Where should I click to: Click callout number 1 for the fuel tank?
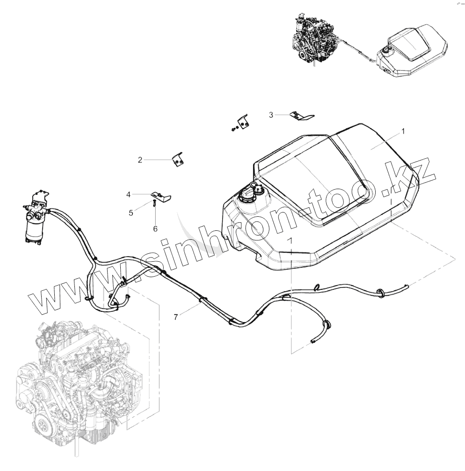click(x=403, y=132)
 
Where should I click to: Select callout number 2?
click(x=140, y=160)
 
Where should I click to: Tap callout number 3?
click(x=271, y=114)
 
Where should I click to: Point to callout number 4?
click(x=128, y=193)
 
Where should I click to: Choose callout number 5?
click(x=131, y=213)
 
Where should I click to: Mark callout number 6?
click(x=155, y=228)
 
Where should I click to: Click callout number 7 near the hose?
click(x=175, y=317)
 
